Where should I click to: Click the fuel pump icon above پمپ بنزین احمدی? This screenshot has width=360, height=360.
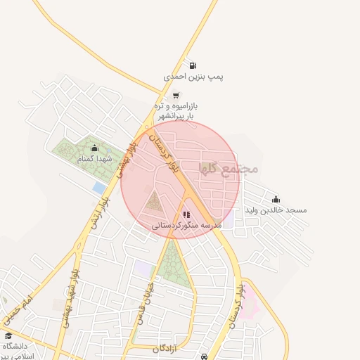tap(193, 65)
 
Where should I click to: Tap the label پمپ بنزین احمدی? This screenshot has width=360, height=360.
tap(193, 76)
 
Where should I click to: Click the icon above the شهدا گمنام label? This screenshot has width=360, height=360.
tap(95, 148)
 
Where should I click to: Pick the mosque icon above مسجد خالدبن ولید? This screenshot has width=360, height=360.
tap(275, 199)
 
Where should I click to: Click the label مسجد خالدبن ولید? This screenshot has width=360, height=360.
tap(276, 210)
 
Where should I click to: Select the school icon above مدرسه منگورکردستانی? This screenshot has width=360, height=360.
tap(186, 214)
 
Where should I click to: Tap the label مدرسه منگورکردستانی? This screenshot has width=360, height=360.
tap(186, 226)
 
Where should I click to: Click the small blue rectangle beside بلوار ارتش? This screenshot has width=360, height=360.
tap(98, 188)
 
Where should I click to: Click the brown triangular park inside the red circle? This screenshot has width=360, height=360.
tap(154, 201)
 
